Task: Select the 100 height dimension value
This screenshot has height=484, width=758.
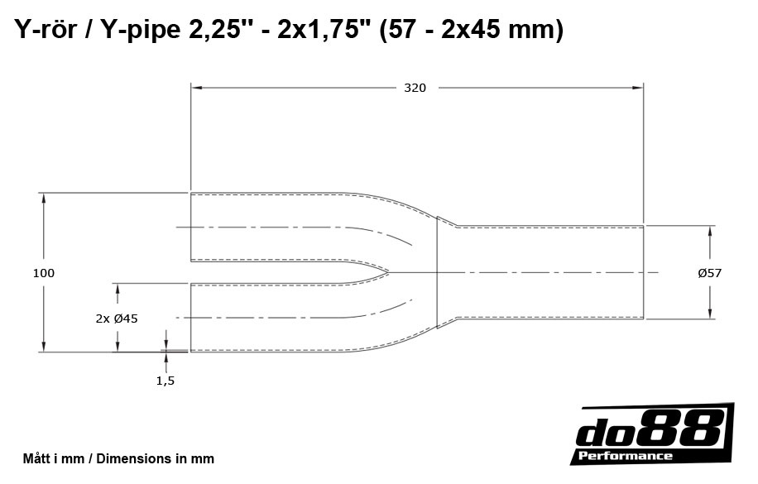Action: [x=44, y=273]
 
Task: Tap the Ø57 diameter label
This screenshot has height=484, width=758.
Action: [x=709, y=273]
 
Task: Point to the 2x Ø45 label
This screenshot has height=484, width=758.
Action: [x=117, y=318]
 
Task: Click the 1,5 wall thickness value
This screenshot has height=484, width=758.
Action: [x=166, y=381]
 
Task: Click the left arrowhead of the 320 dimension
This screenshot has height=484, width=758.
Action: [x=196, y=86]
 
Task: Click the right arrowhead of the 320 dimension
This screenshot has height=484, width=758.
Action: [x=639, y=86]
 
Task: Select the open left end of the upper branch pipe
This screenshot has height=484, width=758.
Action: [x=191, y=228]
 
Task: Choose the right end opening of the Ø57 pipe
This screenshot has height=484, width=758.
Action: [x=643, y=271]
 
